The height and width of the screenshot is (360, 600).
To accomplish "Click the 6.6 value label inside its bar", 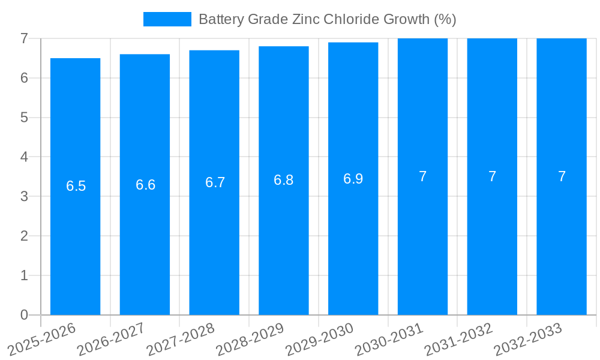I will [145, 185].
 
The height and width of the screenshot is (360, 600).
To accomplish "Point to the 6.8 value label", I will [283, 180].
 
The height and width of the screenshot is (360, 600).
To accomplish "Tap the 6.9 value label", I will [353, 179].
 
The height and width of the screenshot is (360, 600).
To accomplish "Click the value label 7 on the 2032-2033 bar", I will [562, 176].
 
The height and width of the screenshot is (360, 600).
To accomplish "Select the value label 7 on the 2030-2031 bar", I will [422, 176].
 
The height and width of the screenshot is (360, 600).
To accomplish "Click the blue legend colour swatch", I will [167, 19].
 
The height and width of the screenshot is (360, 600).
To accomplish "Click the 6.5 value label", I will [76, 186].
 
